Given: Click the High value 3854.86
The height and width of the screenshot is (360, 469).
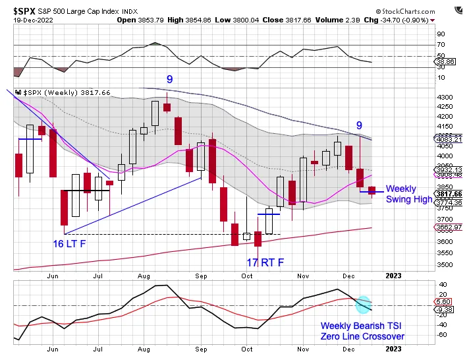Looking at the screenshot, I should (207, 20).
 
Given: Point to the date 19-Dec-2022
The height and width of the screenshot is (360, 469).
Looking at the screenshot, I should (34, 20).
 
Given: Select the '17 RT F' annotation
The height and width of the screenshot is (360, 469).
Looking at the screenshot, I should (265, 262).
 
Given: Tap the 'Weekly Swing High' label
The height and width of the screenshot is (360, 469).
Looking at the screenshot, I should (408, 194).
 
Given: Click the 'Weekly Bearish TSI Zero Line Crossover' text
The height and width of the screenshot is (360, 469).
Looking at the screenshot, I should (362, 331).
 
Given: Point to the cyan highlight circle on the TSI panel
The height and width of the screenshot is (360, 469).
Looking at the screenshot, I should (363, 303).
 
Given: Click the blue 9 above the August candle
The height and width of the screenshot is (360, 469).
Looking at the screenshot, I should (169, 79).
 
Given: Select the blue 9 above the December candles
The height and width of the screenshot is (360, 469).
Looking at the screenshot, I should (359, 125).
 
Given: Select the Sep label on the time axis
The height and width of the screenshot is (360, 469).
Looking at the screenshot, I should (202, 276).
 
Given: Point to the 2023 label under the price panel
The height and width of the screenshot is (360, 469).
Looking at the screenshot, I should (394, 276).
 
